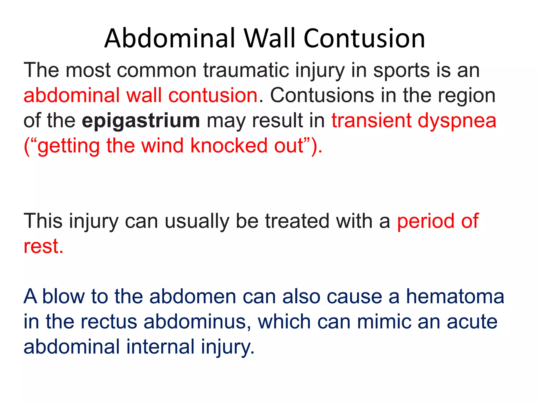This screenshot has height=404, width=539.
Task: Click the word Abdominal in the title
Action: [x=170, y=38]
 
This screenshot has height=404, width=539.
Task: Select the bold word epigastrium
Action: [x=141, y=121]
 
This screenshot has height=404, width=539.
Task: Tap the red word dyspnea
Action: [x=457, y=121]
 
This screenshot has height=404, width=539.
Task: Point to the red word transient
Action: [x=371, y=121]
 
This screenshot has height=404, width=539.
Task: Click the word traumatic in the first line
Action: [x=246, y=70]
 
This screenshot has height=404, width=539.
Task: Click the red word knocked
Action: [x=229, y=145]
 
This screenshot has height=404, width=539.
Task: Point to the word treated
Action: [x=297, y=221]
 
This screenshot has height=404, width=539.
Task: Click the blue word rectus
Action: [x=109, y=322]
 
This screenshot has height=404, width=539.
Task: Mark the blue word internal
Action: [x=160, y=346]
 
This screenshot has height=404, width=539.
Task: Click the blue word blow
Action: [x=63, y=296]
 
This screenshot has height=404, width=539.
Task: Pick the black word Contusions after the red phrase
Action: [x=322, y=95]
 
